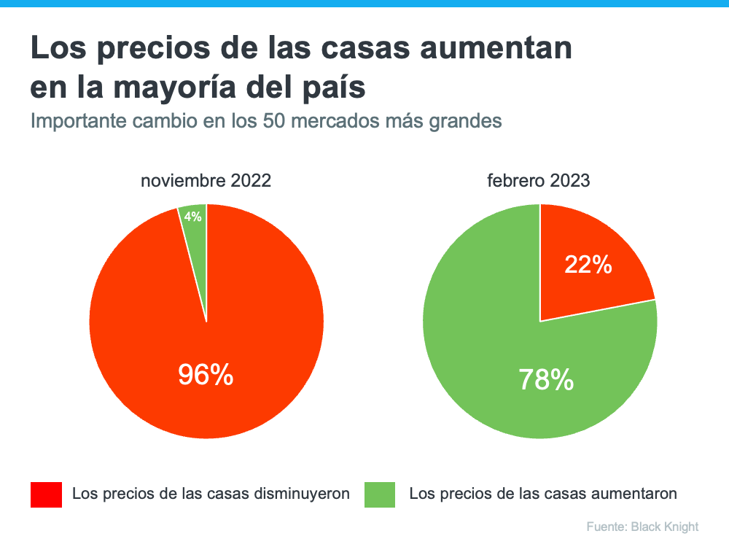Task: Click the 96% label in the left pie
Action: (x=206, y=375)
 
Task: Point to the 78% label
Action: (x=545, y=379)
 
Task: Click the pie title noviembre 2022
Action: (x=206, y=180)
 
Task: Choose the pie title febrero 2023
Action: (x=539, y=180)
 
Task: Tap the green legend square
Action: (x=380, y=494)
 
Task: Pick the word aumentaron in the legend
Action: (x=634, y=494)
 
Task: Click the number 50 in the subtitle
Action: (x=271, y=121)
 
